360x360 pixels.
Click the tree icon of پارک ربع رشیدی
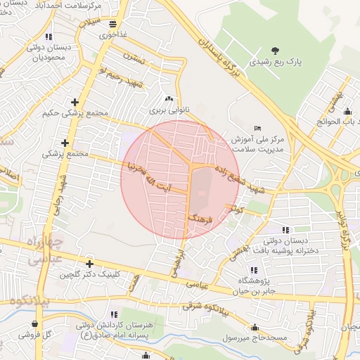(x=275, y=50)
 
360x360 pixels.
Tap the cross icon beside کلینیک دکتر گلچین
(x=89, y=264)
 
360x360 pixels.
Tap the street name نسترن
(x=134, y=56)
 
